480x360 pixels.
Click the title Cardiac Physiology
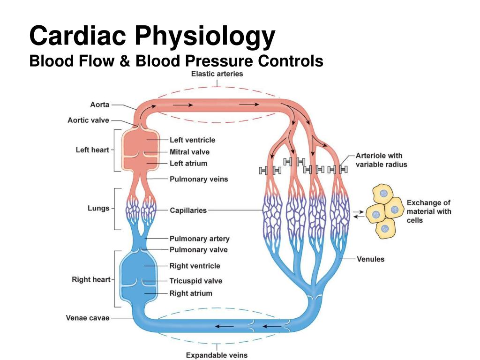point(152,36)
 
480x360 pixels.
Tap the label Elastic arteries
point(217,74)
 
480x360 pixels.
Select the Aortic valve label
point(88,120)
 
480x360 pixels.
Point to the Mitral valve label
point(189,152)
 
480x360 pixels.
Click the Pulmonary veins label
point(199,179)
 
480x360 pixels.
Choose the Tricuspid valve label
point(195,281)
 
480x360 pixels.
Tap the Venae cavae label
point(88,318)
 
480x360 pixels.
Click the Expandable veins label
point(217,355)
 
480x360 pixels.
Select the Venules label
point(370,259)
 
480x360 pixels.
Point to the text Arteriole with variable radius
point(382,160)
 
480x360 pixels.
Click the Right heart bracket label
point(91,279)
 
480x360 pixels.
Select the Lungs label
point(98,208)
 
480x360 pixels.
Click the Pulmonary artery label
point(199,239)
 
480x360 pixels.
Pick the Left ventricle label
point(192,140)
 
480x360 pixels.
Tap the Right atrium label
point(191,293)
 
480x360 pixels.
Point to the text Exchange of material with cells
point(428,211)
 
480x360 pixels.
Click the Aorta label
point(100,105)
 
